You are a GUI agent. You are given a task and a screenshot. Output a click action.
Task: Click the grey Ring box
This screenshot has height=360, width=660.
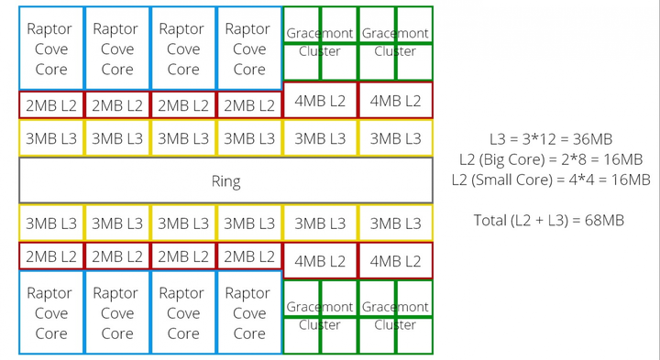tap(225, 180)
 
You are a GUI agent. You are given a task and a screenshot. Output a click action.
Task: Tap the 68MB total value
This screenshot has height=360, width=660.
tap(603, 219)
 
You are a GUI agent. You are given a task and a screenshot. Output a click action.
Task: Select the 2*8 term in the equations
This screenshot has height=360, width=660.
tap(572, 159)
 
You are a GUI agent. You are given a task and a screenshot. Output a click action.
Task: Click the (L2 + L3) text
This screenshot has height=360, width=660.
tap(549, 219)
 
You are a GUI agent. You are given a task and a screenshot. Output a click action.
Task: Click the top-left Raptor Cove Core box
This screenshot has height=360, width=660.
tap(51, 49)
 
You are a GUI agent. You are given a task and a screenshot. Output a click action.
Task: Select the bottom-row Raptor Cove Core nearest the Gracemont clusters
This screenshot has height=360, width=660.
tap(248, 312)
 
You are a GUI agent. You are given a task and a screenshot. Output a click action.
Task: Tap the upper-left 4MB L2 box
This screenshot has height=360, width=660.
tap(320, 101)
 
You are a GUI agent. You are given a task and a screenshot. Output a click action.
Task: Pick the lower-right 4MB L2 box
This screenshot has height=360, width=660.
tap(395, 261)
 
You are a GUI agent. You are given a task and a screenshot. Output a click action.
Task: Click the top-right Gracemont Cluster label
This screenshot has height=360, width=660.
tap(395, 42)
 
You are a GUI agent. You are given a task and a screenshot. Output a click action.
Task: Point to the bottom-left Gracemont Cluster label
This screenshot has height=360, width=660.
tap(320, 315)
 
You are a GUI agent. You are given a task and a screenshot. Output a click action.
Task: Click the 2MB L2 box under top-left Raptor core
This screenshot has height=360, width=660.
tap(51, 105)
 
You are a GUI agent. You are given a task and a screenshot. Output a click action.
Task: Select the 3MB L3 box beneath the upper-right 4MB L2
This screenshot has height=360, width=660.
tap(395, 138)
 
